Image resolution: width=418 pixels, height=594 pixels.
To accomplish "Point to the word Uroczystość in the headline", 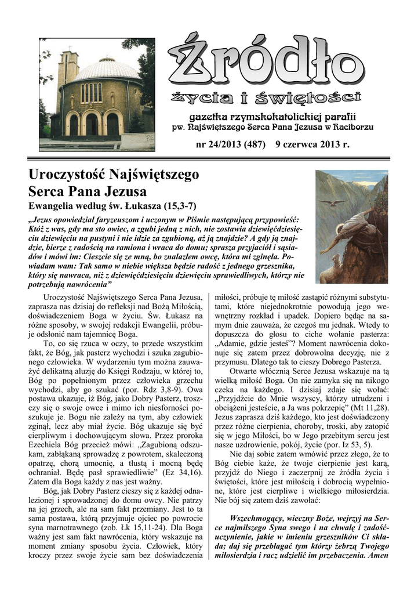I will click(x=68, y=173).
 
